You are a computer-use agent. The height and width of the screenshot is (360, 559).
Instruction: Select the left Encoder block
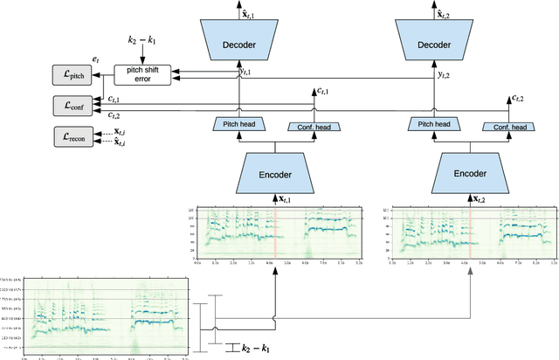point(276,172)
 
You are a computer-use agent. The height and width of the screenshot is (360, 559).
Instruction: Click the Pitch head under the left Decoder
point(238,126)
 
